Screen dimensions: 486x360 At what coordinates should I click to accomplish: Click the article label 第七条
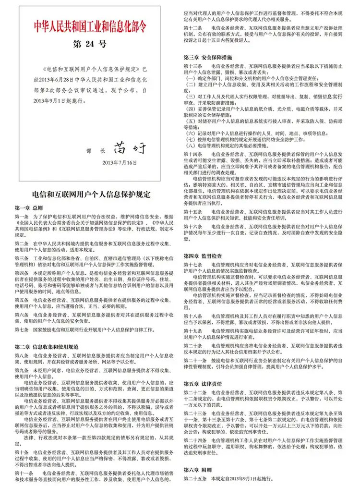[x=22, y=330]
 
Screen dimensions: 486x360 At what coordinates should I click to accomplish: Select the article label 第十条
[x=22, y=452]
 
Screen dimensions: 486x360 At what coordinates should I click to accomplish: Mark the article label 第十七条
[x=193, y=265]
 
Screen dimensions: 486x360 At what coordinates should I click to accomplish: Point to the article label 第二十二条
[x=194, y=392]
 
